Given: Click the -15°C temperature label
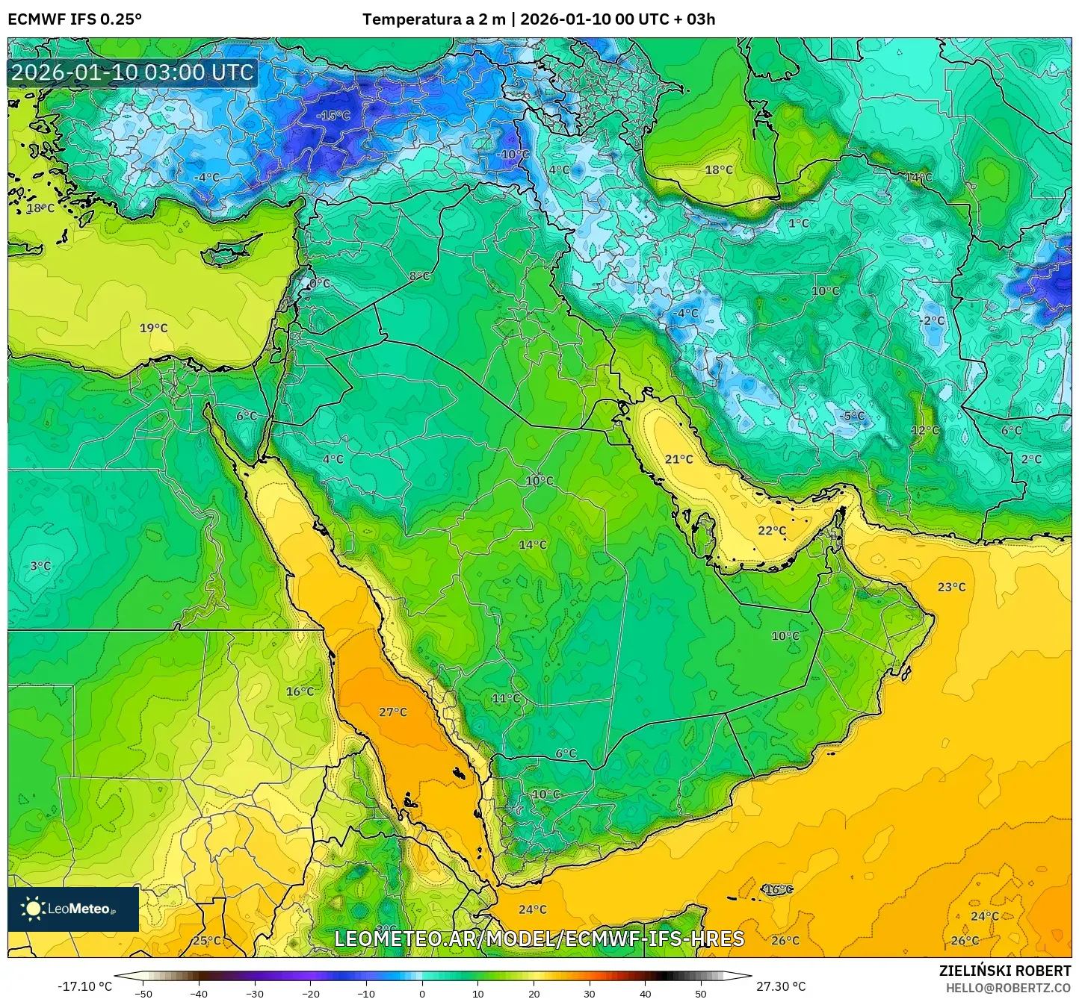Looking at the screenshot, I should point(333,116).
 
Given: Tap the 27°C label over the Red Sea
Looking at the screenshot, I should point(393,712).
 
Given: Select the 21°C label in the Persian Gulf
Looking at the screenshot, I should point(679,459).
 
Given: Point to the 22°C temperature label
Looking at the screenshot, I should point(772,531).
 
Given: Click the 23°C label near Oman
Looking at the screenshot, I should point(951,588).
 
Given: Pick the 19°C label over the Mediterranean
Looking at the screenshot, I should point(154,328).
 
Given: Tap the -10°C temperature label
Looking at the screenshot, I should point(514,155).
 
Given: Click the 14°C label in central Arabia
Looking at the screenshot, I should point(533,545).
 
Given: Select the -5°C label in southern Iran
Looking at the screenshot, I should point(853,416).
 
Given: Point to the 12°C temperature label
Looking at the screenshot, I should point(925,431).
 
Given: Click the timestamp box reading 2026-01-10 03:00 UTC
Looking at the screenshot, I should point(133,72).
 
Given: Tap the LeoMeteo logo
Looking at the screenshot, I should point(72,909).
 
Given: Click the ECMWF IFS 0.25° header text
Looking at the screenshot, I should point(75,19).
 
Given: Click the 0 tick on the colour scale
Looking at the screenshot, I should point(422,993).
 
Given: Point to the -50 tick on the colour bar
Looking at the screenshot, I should point(143,993).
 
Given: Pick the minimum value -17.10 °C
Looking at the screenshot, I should point(84,986).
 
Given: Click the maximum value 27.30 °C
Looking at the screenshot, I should point(781,986).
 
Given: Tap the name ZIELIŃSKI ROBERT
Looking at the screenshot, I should point(1005,971).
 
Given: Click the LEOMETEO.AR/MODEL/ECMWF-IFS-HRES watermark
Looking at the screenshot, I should point(539,939).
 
